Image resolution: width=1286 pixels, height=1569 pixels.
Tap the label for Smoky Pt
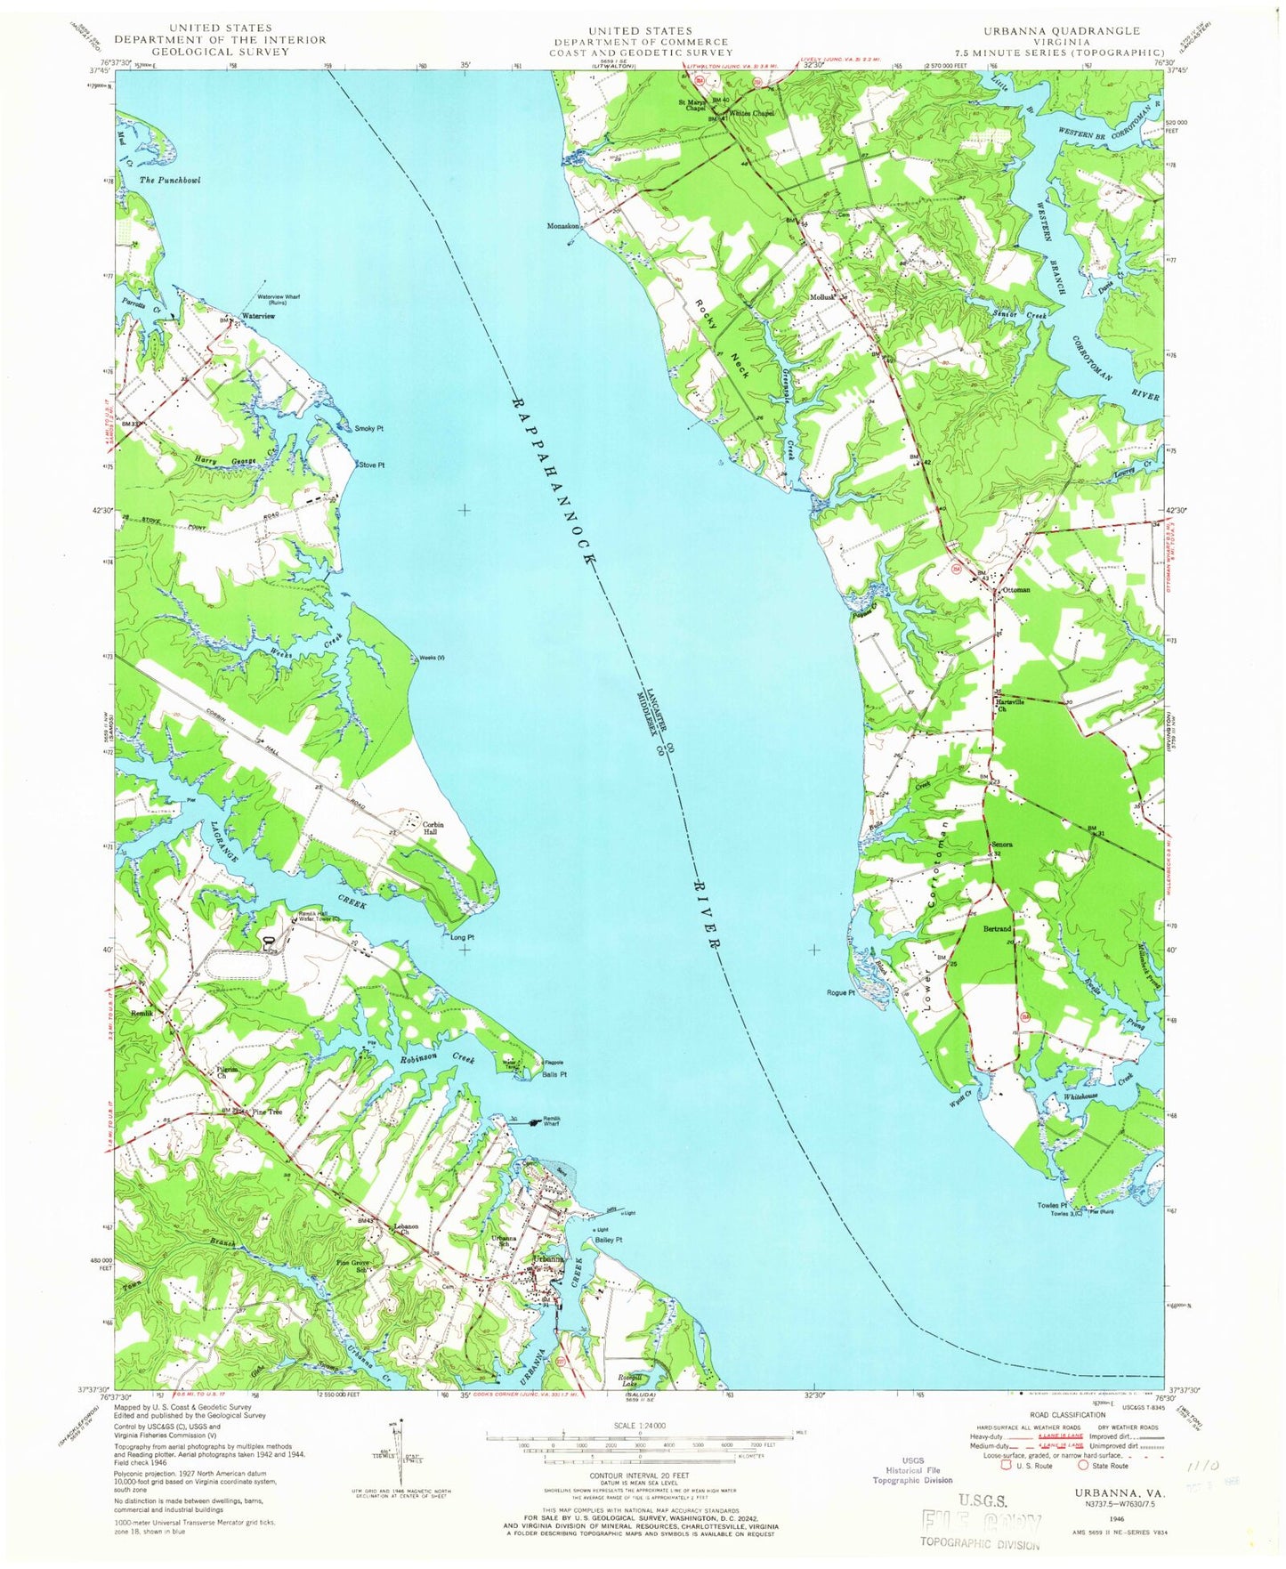(x=368, y=429)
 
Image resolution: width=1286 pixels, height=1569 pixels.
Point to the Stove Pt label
(x=371, y=465)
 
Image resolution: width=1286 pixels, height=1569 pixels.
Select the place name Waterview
(x=258, y=316)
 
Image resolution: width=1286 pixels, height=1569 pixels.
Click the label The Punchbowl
(x=170, y=181)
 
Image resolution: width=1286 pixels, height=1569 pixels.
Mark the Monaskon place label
(x=564, y=226)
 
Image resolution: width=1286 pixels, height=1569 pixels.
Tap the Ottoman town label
(x=1016, y=590)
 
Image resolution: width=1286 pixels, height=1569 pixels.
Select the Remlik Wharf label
(x=546, y=1123)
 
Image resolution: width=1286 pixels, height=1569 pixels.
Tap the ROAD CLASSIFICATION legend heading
(x=1078, y=1414)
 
